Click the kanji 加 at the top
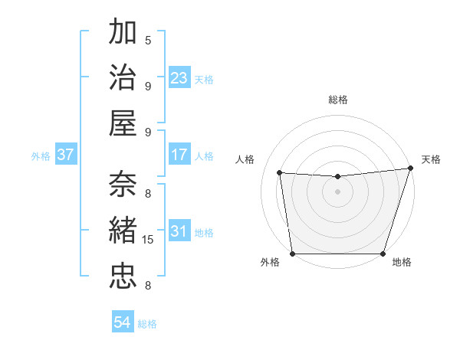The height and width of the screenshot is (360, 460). tap(123, 34)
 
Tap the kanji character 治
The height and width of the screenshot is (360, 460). tap(123, 78)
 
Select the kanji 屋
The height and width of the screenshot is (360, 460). tap(123, 123)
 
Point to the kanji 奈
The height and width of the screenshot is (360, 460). tap(123, 185)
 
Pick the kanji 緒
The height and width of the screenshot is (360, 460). tap(123, 231)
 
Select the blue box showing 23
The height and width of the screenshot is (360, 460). tap(179, 78)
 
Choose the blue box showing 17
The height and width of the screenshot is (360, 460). tap(179, 155)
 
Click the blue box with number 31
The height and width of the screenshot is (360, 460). tap(179, 231)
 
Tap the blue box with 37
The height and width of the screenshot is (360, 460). tap(65, 155)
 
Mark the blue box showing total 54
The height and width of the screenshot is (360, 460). tap(123, 322)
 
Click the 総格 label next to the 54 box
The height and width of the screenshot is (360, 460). tap(147, 324)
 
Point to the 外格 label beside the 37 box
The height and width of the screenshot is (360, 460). tap(41, 156)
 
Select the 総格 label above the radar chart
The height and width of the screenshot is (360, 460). tap(337, 100)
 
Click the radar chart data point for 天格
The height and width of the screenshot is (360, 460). tap(410, 169)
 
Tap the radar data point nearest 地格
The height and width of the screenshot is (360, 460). tap(383, 254)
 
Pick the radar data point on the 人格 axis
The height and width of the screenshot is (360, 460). tap(280, 173)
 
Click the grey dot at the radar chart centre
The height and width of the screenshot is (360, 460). tap(337, 192)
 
